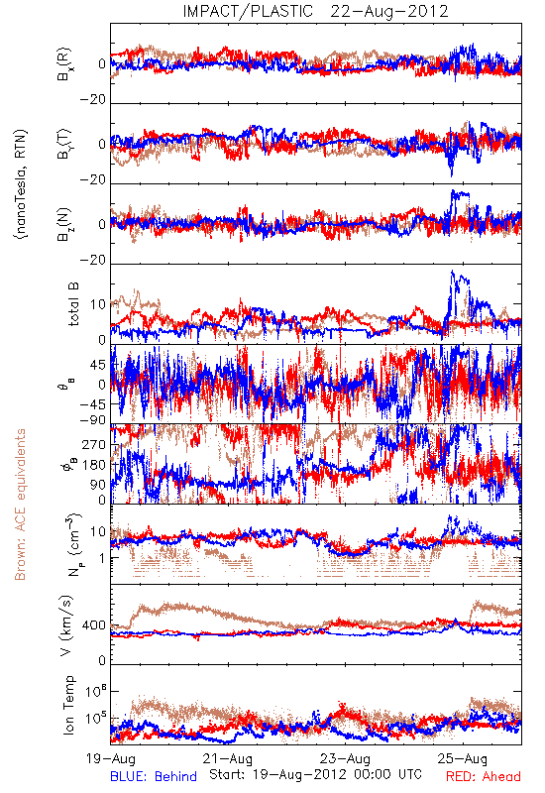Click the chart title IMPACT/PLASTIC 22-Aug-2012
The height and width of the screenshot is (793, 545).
(315, 11)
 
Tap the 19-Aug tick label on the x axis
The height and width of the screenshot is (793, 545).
(111, 758)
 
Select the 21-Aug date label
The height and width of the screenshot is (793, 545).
(228, 758)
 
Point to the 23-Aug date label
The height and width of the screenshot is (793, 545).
(345, 758)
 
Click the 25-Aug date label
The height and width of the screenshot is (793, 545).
(463, 758)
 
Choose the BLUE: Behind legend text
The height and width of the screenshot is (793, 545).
(154, 776)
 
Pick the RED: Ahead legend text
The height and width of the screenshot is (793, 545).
(484, 776)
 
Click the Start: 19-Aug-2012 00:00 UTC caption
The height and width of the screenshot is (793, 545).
(315, 774)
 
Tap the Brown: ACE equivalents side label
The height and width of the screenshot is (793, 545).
(20, 505)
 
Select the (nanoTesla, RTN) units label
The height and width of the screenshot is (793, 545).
(21, 184)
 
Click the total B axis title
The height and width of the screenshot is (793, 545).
(72, 304)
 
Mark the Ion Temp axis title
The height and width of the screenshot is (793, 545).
(68, 705)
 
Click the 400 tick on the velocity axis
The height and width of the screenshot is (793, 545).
(94, 625)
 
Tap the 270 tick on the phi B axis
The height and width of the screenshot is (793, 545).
(94, 444)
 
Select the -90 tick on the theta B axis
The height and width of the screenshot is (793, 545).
(92, 419)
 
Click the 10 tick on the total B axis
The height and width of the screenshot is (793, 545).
(98, 304)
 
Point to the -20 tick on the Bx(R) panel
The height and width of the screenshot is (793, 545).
(92, 100)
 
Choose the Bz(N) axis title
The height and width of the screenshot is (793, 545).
(64, 224)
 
